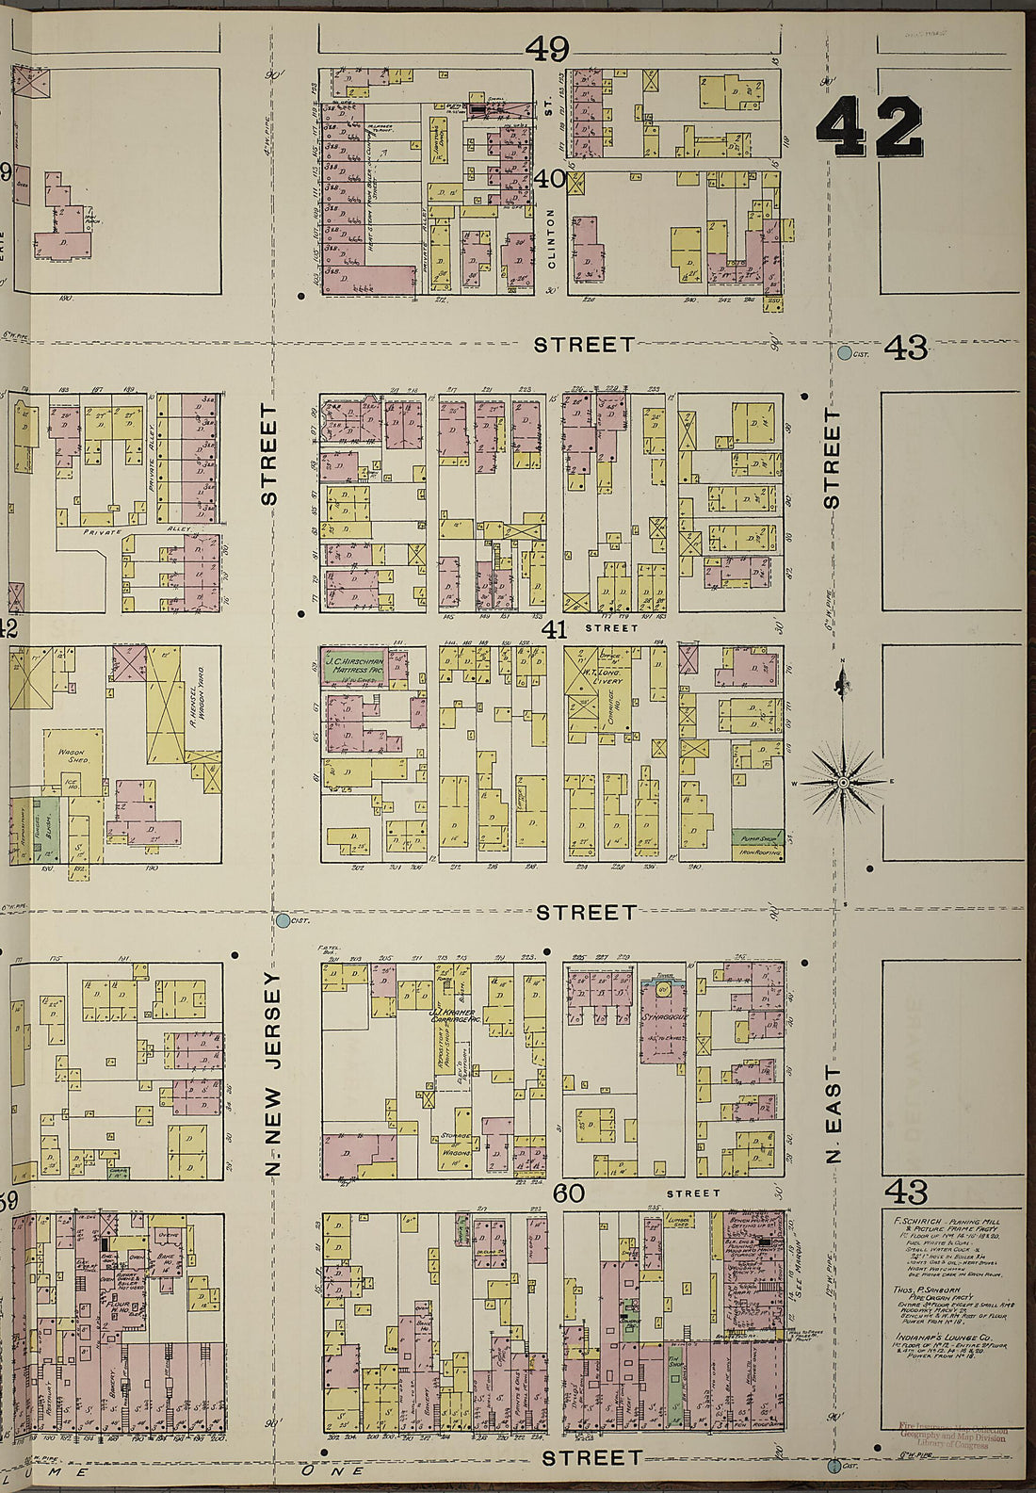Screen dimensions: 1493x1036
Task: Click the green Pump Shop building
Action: [x=757, y=836]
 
